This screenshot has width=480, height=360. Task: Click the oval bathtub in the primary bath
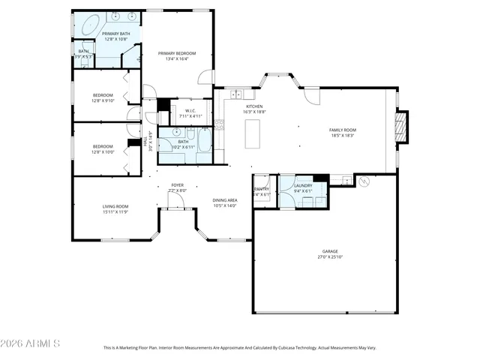[x=91, y=22]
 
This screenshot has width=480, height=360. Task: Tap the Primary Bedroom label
[x=177, y=53]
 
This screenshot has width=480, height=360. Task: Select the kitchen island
[x=252, y=133]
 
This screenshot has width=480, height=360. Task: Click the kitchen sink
[x=237, y=94]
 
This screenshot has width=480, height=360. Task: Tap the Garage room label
[x=330, y=251]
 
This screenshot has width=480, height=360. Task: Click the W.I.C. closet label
[x=190, y=111]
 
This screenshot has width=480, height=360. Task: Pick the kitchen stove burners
[x=219, y=124]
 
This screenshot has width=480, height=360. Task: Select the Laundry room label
[x=303, y=185]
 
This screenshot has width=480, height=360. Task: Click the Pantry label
[x=262, y=189]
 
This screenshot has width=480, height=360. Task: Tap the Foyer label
[x=177, y=184]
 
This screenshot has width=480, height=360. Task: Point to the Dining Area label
[x=225, y=200]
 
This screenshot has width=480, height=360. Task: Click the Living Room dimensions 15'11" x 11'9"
[x=115, y=211]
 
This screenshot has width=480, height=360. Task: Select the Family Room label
[x=343, y=130]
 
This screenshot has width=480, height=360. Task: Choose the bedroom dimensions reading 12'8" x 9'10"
[x=103, y=100]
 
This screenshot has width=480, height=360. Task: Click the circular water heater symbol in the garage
[x=364, y=181]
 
